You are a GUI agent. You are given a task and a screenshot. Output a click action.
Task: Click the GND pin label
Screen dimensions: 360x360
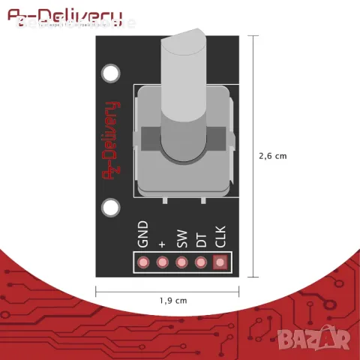coord(142,234)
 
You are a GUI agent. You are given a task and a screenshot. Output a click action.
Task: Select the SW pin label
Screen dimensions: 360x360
coord(181,238)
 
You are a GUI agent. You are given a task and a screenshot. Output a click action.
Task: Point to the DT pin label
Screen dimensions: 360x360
coord(200,239)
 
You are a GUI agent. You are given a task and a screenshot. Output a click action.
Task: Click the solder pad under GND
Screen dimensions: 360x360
coord(142,262)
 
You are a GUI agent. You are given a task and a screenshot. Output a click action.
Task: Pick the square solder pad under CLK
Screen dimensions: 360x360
coord(220,262)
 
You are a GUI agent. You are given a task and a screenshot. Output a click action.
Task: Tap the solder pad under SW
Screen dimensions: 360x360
coord(181,262)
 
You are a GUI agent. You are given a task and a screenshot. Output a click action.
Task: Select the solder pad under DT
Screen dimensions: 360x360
coord(200,262)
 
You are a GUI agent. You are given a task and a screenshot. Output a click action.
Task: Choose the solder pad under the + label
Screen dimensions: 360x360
coord(161,262)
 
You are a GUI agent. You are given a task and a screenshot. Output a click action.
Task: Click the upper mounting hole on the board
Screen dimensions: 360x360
coord(111,73)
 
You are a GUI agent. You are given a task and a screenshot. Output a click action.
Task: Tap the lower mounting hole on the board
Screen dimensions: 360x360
coord(111,207)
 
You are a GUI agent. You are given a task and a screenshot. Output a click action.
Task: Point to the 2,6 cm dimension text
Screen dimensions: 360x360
coord(272,157)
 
